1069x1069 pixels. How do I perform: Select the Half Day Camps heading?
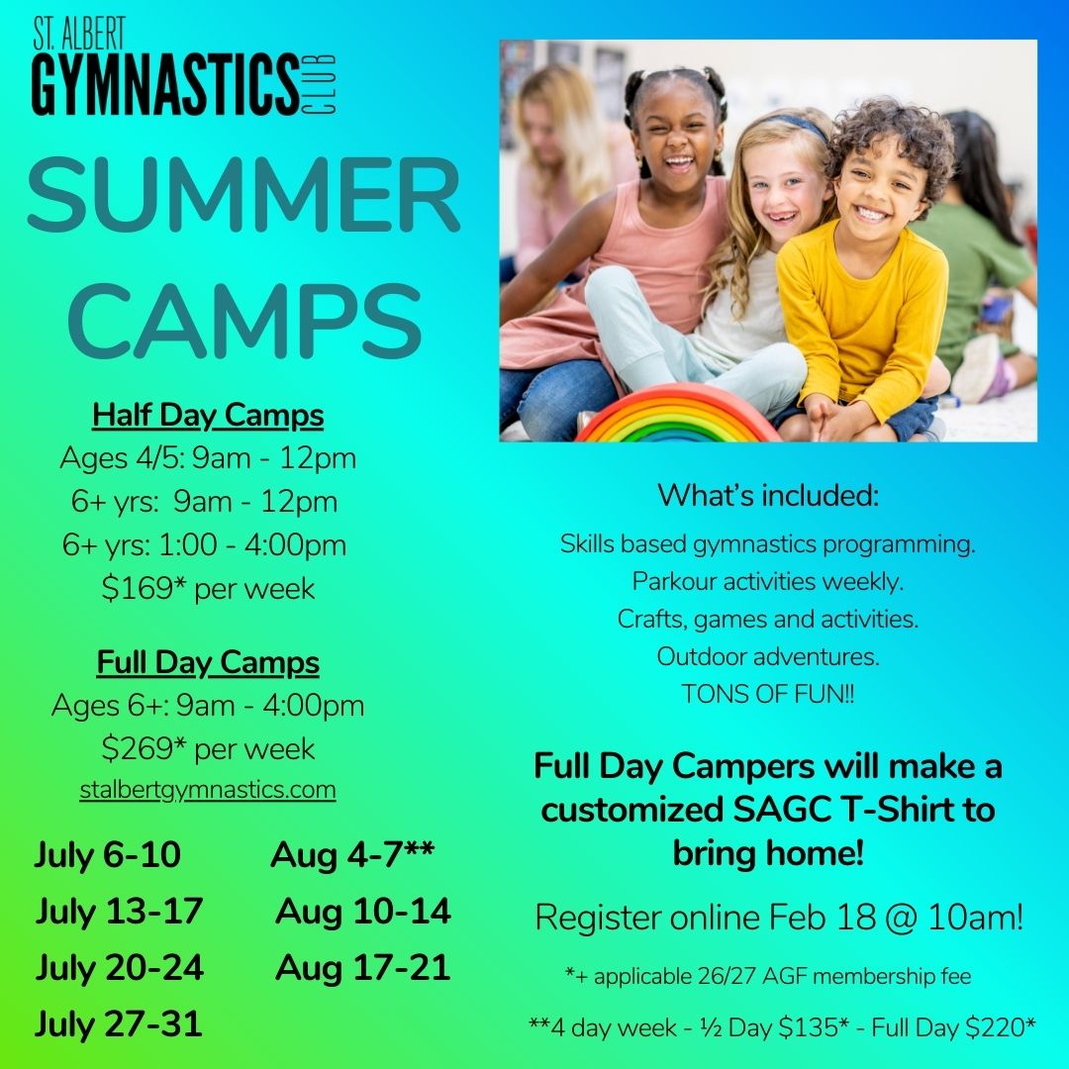208,416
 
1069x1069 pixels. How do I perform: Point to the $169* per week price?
208,589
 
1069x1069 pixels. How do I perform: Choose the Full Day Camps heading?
208,662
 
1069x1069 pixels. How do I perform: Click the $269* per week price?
208,748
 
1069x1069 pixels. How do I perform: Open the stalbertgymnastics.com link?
208,790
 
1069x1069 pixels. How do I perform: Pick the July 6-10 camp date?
108,855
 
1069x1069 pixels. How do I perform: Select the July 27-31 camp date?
119,1023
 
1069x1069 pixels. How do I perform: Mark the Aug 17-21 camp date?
362,967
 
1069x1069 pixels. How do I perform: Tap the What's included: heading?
768,495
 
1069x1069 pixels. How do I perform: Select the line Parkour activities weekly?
768,581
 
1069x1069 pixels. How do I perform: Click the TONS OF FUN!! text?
768,694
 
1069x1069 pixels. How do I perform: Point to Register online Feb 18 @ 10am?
779,918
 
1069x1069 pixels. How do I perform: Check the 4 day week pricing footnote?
782,1026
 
